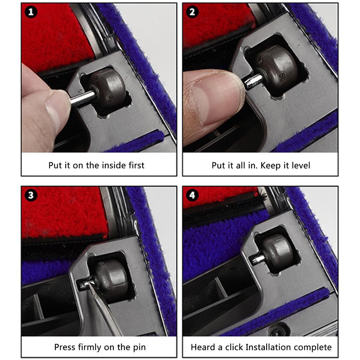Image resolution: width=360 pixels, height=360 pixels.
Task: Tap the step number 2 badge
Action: click(x=192, y=12)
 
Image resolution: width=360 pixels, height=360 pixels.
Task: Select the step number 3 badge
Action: click(x=31, y=195)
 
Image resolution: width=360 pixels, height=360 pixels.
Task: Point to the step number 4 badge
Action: click(x=192, y=195)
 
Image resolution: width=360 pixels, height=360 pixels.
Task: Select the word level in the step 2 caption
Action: click(x=299, y=165)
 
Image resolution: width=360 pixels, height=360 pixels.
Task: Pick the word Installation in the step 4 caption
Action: click(x=268, y=347)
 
